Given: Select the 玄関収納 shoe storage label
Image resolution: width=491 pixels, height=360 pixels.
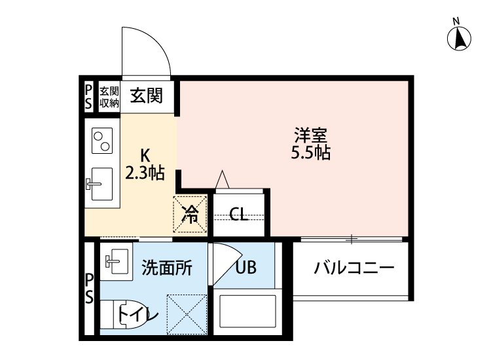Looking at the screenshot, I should (109, 96).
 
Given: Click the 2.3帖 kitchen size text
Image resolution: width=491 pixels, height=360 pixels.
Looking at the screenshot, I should (145, 174).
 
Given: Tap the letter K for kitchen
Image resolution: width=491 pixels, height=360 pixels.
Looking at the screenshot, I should (145, 156).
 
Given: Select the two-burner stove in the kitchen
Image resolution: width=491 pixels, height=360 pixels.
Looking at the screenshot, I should (102, 140).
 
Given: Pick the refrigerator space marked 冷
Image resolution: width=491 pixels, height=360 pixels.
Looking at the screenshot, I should (190, 213).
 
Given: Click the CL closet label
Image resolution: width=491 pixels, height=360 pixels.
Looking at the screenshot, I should (240, 214).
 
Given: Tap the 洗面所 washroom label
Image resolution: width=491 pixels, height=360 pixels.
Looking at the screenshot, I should (167, 267).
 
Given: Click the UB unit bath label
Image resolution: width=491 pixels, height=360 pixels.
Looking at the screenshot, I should (245, 267).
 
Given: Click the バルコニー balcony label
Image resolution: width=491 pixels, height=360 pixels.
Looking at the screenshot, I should (353, 268).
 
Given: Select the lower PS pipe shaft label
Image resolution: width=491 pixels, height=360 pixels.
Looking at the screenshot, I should (89, 289).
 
